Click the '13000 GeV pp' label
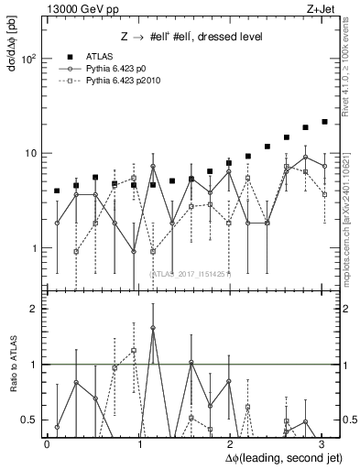coord(75,8)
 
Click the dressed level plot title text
coord(191,38)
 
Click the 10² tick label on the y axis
coord(28,59)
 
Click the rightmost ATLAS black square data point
coord(324,121)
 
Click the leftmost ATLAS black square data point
coord(57,191)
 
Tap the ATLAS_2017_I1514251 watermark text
coord(191,273)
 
